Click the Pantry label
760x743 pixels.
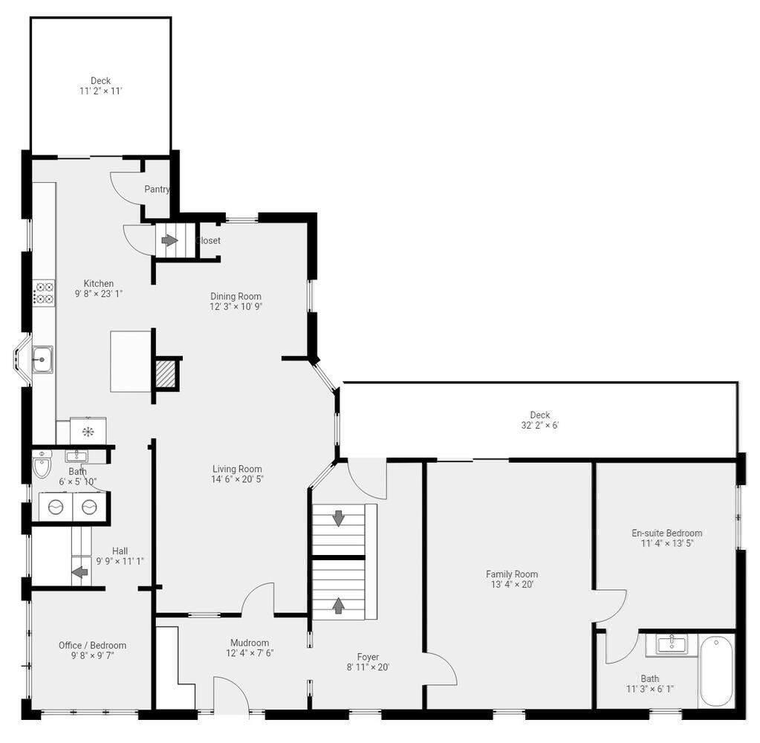coord(157,189)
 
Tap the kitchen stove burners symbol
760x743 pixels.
coord(44,292)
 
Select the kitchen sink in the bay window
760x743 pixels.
coord(42,360)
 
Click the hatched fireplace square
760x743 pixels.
coord(166,374)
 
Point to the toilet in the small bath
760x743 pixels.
coord(42,465)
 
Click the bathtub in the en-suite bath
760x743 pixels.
coord(716,670)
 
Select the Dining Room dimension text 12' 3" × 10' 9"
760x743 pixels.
coord(236,306)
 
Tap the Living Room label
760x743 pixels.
coord(237,469)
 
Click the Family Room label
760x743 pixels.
coord(512,574)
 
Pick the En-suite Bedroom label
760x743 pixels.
coord(666,533)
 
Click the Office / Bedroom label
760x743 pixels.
coord(92,646)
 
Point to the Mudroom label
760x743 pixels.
coord(249,643)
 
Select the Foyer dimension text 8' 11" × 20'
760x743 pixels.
coord(368,667)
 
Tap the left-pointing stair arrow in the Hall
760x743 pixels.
coord(79,573)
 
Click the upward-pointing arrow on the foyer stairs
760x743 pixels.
coord(339,605)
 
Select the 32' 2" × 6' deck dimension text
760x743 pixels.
coord(539,426)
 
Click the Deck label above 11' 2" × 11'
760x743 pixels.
coord(100,81)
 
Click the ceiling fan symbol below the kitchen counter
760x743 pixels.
coord(88,432)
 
